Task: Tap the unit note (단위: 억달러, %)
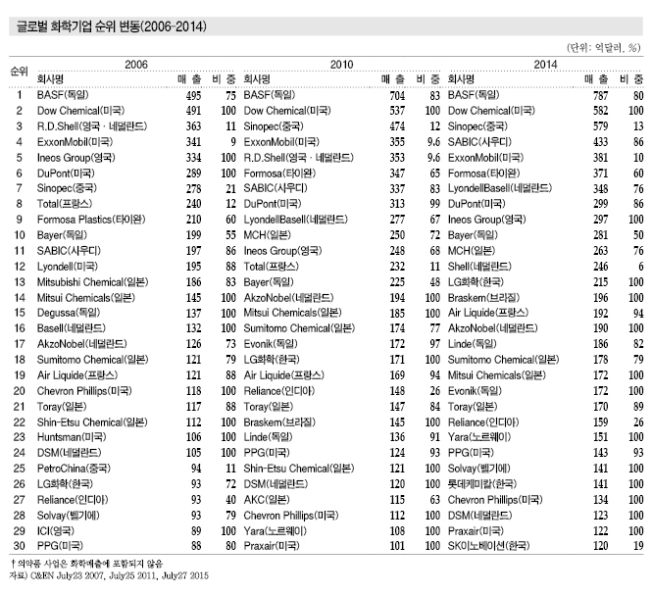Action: [x=600, y=47]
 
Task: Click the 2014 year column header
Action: [x=545, y=63]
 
